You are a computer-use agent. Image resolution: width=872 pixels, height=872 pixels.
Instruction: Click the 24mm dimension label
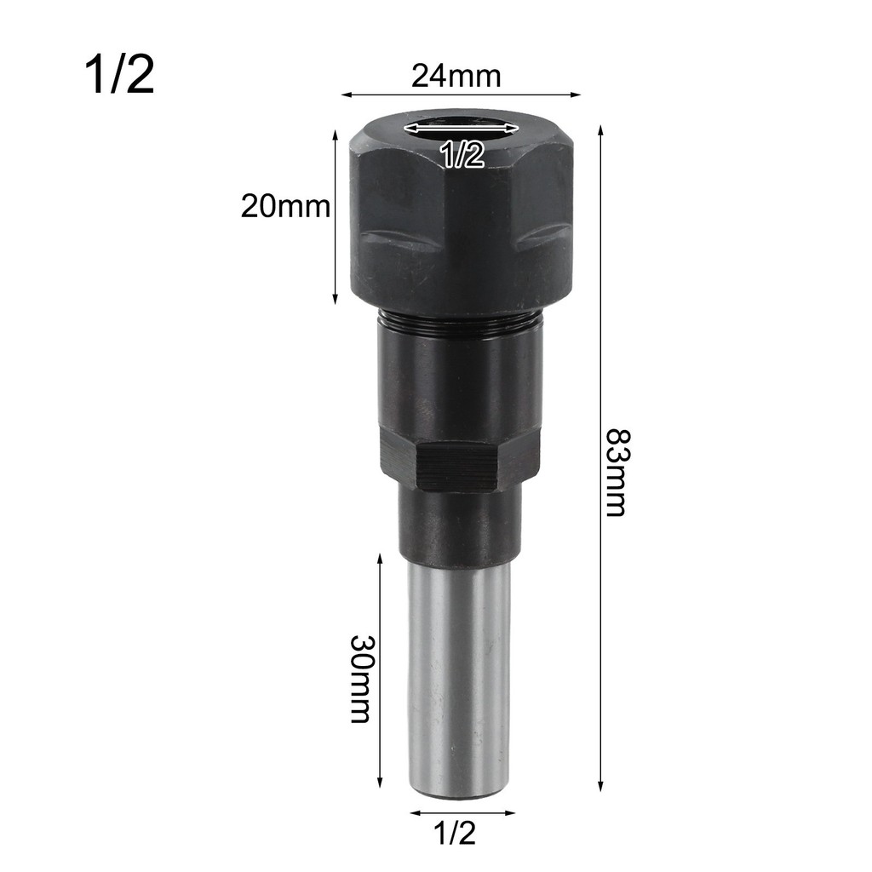456,77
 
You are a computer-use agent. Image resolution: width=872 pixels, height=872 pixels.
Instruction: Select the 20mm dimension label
284,206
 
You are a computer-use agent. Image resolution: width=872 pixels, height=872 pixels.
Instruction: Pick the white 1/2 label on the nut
462,155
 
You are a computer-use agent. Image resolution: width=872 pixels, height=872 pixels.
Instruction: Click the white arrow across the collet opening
461,128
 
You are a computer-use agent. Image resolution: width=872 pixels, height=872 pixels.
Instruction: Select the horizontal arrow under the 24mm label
461,95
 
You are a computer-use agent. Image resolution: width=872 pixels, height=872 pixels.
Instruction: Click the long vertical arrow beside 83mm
601,460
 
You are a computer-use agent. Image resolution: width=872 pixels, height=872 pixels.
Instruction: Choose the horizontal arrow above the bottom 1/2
461,812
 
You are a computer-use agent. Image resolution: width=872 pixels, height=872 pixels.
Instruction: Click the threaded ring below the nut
460,320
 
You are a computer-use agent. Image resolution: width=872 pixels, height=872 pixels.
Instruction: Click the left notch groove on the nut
396,241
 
